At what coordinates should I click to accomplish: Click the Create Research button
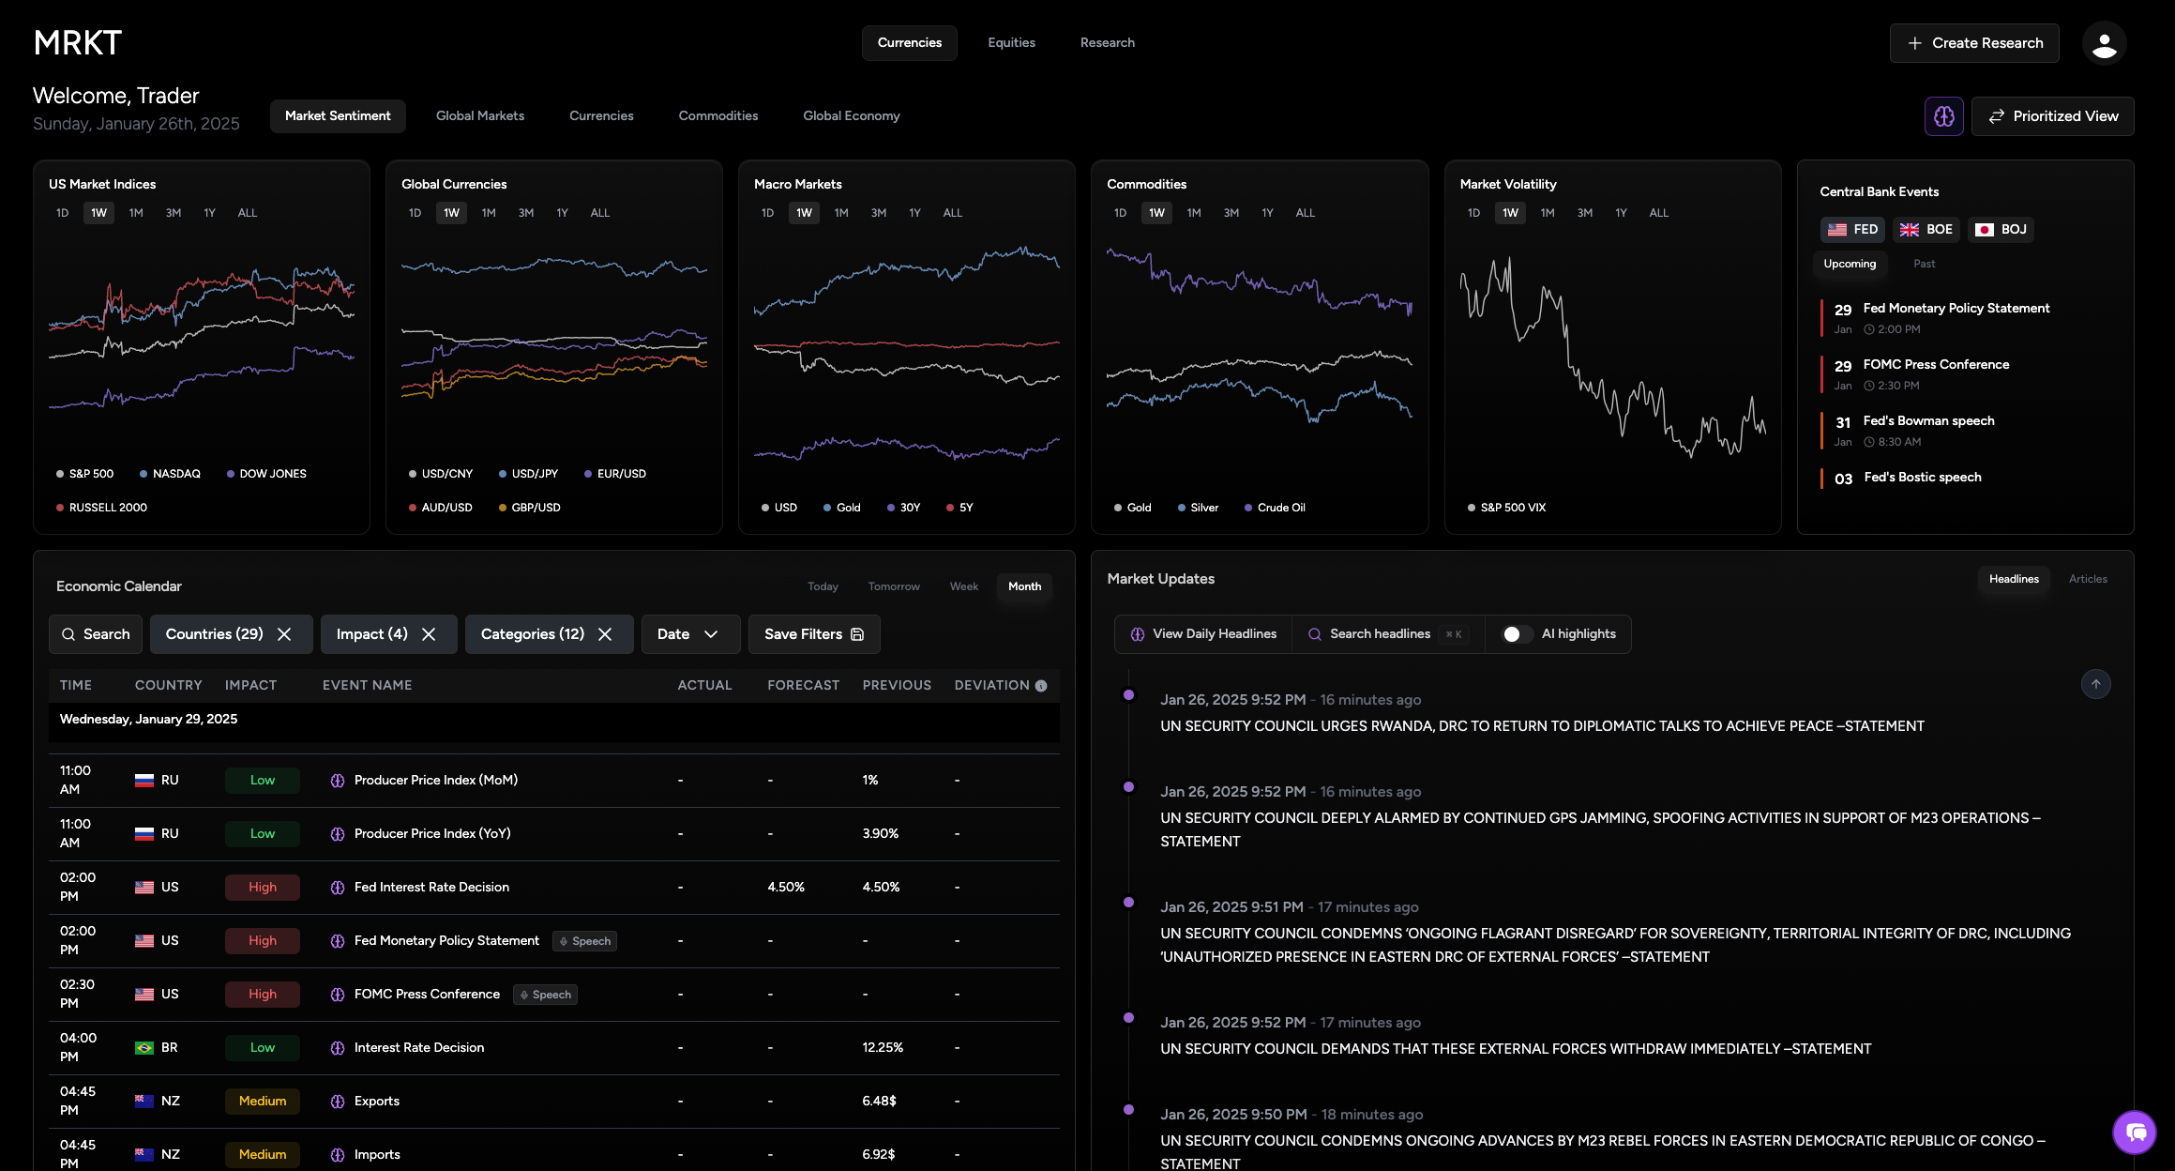tap(1974, 43)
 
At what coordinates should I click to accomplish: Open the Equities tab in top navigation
tap(1011, 43)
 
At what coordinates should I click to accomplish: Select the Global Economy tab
tap(851, 116)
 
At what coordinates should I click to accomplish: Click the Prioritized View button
tap(2052, 116)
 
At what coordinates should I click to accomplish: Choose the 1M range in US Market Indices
tap(136, 213)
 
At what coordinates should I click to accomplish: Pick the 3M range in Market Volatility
tap(1584, 213)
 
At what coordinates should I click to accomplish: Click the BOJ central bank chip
tap(2001, 230)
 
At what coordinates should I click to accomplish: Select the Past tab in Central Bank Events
tap(1924, 264)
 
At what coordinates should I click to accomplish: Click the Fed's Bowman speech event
tap(1927, 421)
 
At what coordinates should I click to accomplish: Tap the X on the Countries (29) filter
tap(284, 634)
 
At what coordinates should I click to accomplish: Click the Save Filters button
tap(813, 634)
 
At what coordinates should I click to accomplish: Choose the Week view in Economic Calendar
tap(963, 586)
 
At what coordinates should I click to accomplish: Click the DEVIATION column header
tap(991, 686)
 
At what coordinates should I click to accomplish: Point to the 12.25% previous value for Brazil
tap(883, 1048)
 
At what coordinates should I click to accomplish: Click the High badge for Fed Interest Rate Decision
tap(263, 888)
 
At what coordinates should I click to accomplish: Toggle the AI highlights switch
tap(1516, 634)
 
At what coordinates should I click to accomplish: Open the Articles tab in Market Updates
tap(2087, 579)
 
